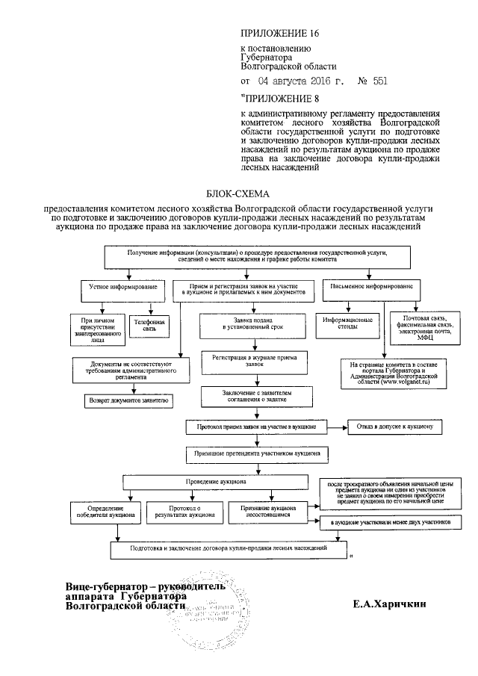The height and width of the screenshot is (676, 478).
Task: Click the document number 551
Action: coord(378,80)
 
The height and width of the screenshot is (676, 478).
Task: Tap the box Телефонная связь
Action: coord(150,325)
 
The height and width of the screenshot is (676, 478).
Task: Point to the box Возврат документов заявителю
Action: coord(129,400)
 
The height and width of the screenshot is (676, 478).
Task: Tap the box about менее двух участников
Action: coord(385,524)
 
